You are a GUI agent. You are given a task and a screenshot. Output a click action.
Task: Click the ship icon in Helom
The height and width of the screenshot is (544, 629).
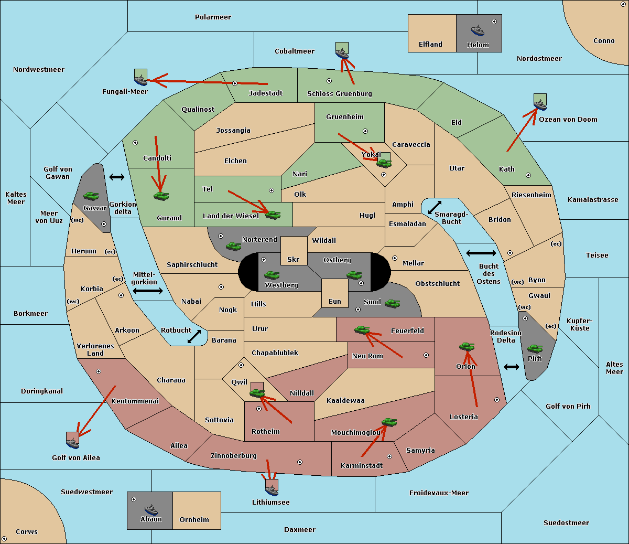pos(478,30)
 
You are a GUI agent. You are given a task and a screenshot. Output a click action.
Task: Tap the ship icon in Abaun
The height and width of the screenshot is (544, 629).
pos(151,510)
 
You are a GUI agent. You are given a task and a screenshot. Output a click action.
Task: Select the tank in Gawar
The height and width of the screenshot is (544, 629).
pos(91,196)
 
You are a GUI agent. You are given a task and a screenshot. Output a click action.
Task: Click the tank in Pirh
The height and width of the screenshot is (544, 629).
pos(535,348)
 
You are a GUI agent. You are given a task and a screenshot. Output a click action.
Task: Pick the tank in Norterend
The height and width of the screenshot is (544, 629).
pos(233,246)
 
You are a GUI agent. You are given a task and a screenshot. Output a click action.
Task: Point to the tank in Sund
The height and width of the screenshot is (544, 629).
pos(392,304)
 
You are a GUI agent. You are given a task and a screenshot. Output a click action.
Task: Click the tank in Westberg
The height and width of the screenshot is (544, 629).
pos(272,275)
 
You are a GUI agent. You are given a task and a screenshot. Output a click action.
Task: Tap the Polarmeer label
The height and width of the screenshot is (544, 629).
pos(213,17)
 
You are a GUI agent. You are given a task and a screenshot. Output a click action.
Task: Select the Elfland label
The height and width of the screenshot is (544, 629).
pos(430,45)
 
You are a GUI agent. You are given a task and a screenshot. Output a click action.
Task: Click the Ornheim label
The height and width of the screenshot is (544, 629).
pos(194,519)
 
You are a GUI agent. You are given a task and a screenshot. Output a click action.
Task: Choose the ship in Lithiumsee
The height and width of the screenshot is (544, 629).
pos(272,490)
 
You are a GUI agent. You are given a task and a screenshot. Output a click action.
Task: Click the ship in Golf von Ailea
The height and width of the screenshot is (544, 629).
pos(73,443)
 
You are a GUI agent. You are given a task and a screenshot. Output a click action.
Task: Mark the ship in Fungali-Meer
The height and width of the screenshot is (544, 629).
pos(140,80)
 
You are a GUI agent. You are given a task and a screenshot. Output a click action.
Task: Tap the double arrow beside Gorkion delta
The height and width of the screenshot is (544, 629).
pos(117,177)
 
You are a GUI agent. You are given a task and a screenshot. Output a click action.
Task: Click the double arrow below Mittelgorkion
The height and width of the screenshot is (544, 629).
pos(148,291)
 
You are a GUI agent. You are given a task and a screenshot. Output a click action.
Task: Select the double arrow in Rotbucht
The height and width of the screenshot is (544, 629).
pos(194,337)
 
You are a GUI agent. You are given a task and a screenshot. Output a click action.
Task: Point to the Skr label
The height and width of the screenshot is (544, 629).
pos(294,259)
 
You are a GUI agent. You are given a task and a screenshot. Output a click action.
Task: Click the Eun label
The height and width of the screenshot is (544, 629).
pos(335,301)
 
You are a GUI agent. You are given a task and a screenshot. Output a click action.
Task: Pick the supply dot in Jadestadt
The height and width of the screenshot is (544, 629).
pos(235,83)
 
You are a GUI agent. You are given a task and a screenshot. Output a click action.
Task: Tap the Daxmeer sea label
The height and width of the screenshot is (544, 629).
pos(300,529)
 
